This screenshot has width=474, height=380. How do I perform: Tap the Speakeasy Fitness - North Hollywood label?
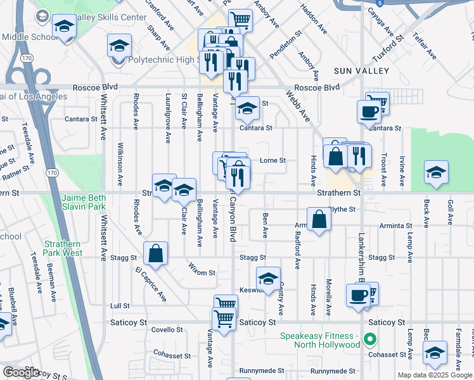click(x=321, y=340)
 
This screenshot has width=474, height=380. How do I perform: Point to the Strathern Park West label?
click(x=63, y=248)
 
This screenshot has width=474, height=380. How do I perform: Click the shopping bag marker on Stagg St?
click(x=155, y=254)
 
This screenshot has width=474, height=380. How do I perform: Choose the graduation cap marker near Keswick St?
click(x=269, y=279)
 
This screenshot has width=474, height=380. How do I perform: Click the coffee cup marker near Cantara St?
click(x=369, y=113)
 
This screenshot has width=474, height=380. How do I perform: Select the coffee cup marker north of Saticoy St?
click(x=359, y=295)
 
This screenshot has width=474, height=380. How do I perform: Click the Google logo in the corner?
click(x=22, y=372)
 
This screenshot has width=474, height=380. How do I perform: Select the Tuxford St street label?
click(x=388, y=48)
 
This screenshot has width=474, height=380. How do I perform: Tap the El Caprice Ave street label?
click(x=150, y=283)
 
